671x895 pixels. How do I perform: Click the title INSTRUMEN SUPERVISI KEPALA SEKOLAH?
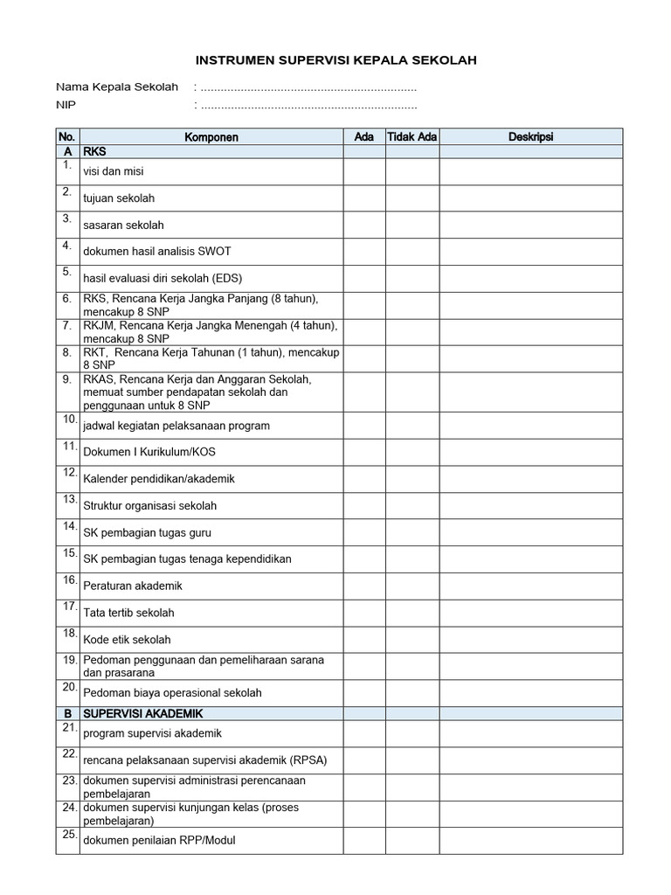(335, 60)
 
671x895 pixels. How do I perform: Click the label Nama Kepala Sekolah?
(117, 87)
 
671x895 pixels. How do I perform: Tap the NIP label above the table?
(66, 106)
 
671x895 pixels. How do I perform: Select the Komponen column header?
(211, 137)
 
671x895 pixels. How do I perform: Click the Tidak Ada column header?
(412, 137)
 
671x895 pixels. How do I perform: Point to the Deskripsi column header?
(531, 137)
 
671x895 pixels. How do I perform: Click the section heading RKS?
(94, 151)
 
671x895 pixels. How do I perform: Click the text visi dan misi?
(114, 172)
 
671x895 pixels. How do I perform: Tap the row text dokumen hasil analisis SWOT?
(156, 252)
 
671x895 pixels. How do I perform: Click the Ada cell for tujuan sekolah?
(364, 198)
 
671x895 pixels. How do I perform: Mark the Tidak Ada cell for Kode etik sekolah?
(412, 639)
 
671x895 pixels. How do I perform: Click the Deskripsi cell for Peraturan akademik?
(531, 586)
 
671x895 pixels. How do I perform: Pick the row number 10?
(67, 420)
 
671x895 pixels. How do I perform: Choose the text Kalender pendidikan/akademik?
(159, 479)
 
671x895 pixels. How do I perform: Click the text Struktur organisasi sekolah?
(150, 506)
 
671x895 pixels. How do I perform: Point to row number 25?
(67, 835)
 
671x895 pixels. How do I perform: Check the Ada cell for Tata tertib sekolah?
(364, 613)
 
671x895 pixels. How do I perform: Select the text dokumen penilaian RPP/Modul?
(159, 840)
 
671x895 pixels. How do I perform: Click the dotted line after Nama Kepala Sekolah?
(308, 88)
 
